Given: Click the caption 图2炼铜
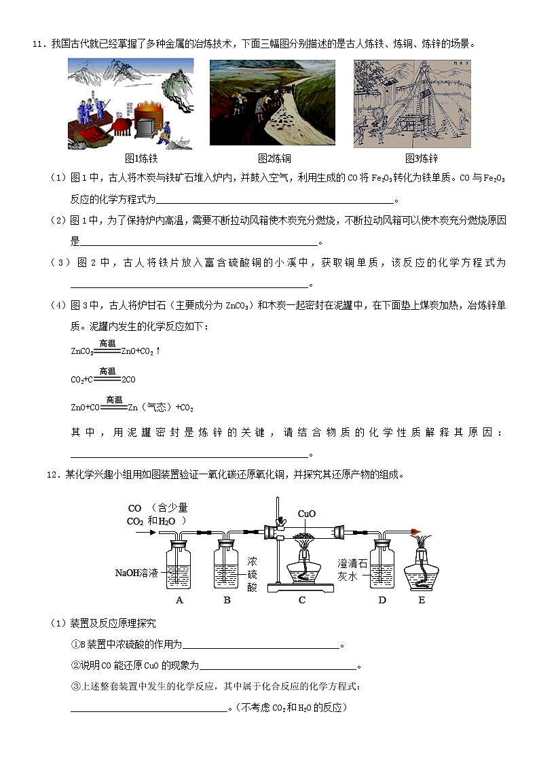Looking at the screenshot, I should [274, 158].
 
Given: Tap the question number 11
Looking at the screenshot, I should [39, 44].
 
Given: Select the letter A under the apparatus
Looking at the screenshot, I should [179, 600].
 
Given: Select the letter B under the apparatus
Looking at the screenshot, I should [227, 600].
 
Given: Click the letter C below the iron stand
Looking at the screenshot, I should [302, 600].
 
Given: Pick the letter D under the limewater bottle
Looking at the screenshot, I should [382, 600].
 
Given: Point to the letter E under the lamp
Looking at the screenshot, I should [422, 600].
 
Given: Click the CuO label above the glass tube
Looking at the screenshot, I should [307, 514].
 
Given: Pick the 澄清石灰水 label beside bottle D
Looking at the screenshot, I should [352, 569].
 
